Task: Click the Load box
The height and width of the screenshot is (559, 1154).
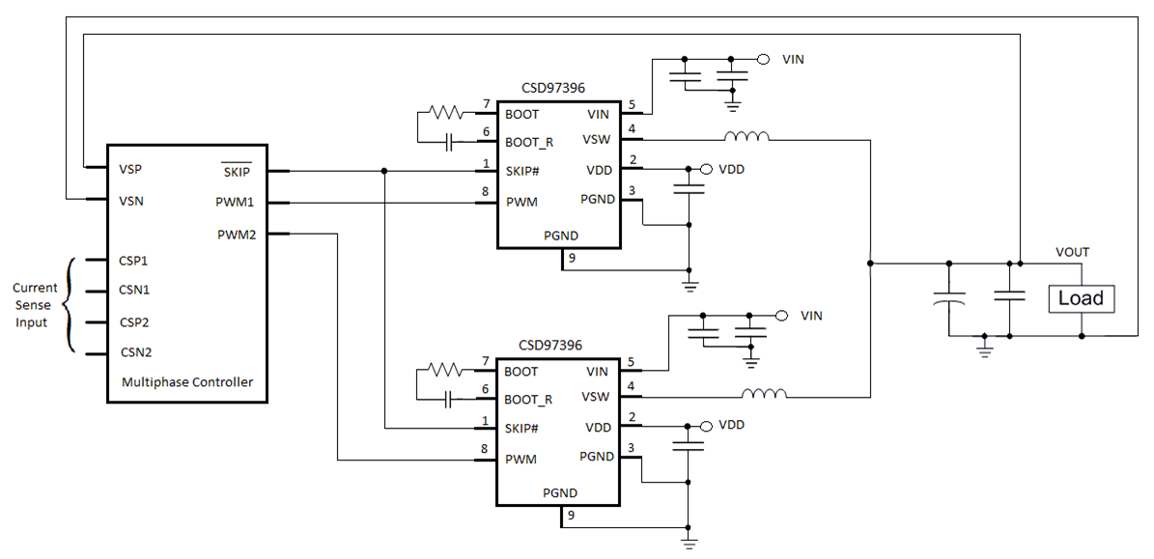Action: coord(1081,298)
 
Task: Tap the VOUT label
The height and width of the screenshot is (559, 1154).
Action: coord(1072,252)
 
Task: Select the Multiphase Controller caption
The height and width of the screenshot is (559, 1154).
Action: coord(187,382)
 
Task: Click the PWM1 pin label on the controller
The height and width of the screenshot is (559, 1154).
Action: coord(236,203)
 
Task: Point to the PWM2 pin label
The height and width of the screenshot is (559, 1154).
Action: coord(236,234)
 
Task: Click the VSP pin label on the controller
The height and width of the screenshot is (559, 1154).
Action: coord(130,169)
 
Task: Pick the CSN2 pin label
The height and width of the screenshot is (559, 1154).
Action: coord(134,352)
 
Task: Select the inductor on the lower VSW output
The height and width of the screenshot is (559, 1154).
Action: coord(764,393)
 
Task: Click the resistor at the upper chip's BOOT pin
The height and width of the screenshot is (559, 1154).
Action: coord(446,113)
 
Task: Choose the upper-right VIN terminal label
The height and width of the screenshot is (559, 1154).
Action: coord(794,60)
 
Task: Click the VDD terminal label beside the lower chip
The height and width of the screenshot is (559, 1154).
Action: coord(732,426)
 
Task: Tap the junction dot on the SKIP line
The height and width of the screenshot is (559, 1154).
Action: coord(384,172)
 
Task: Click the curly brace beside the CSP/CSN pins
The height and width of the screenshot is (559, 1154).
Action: coord(70,306)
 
